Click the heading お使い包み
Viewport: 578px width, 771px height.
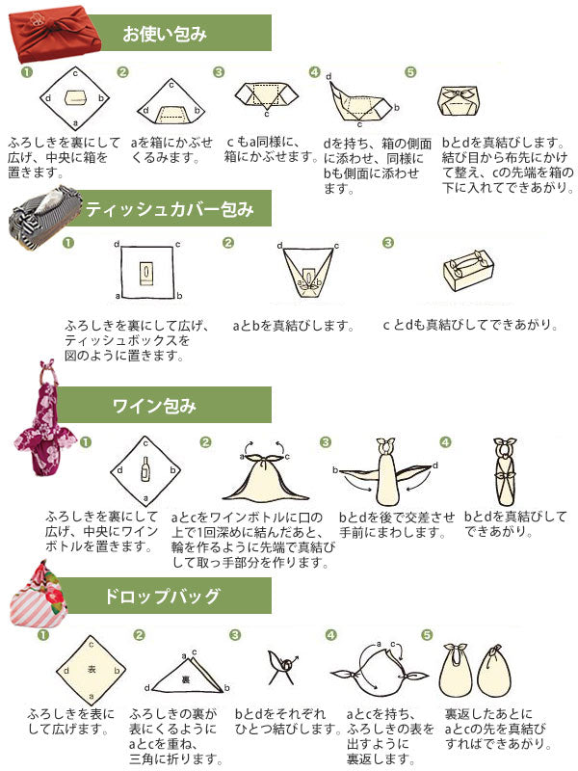point(165,36)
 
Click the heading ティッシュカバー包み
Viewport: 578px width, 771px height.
point(169,209)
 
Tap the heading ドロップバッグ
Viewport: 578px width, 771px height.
point(163,597)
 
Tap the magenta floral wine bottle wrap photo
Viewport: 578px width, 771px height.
point(44,414)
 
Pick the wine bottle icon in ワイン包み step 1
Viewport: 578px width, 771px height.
point(145,469)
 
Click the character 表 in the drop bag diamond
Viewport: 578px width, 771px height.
point(91,668)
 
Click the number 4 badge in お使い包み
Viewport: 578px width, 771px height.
point(314,72)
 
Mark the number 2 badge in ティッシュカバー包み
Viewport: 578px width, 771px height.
point(228,242)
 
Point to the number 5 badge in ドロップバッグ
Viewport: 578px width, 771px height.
point(428,635)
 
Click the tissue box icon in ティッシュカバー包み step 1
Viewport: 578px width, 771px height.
point(145,273)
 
